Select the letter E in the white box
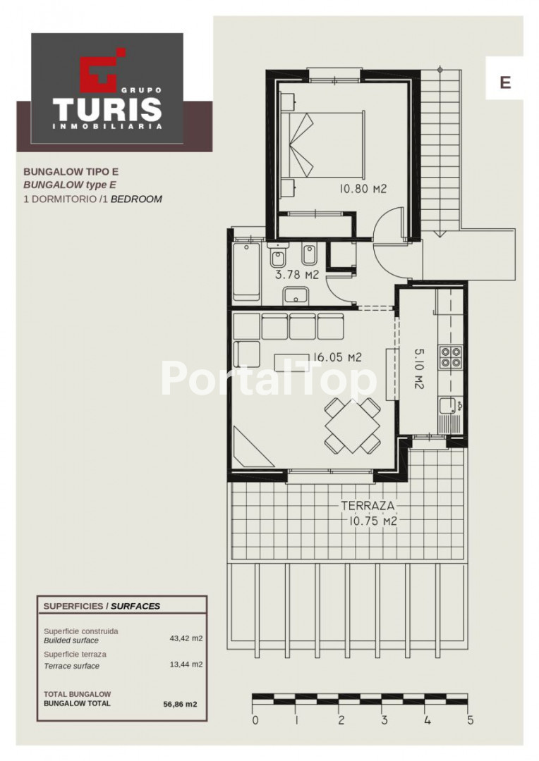505,82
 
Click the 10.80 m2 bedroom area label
363,189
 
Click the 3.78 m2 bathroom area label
296,276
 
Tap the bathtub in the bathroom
246,272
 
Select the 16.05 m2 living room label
337,358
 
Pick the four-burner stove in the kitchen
451,357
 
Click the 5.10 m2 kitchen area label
419,367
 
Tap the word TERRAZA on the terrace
368,506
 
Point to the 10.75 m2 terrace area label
373,521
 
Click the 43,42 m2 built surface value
186,638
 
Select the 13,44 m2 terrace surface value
186,664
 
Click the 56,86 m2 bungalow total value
181,704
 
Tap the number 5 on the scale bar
469,720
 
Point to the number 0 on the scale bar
255,720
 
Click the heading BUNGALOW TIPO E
71,171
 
